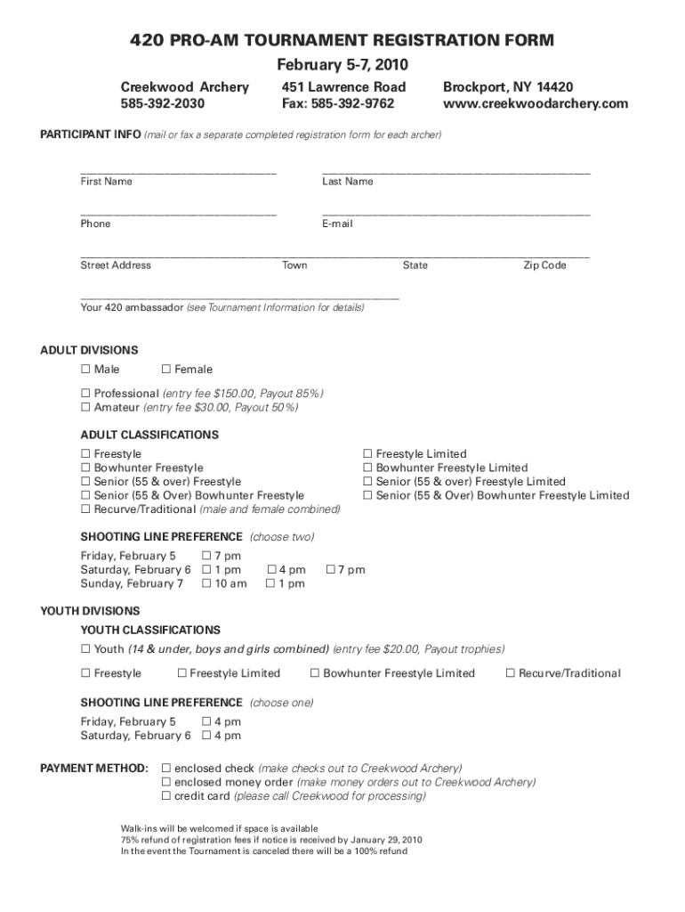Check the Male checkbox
coord(86,370)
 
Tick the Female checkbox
coord(166,370)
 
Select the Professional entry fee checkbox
coord(86,393)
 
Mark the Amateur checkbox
coord(86,407)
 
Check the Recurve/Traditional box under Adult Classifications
coord(86,509)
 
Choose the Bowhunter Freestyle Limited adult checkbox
coord(368,468)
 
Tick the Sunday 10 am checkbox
coord(207,583)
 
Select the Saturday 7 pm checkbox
coord(331,570)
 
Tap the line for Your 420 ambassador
coord(239,297)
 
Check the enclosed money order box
coord(165,782)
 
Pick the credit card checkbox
coord(165,796)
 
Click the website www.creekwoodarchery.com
coord(535,103)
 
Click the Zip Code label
coord(544,265)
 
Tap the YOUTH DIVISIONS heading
coord(90,611)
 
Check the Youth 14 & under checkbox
coord(86,649)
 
